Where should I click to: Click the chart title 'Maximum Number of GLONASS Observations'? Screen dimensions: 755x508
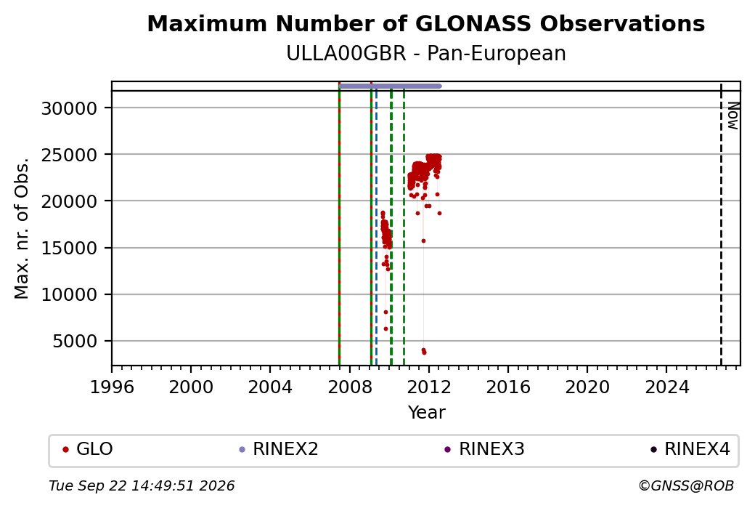(x=425, y=23)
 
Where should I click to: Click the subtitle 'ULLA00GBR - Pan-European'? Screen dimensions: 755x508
(x=425, y=53)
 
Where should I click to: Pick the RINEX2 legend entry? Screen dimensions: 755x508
(x=279, y=449)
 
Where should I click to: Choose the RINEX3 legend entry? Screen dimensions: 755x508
(x=484, y=449)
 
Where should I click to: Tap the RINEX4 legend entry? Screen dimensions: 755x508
(x=690, y=449)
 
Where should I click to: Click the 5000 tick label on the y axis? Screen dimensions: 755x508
(x=75, y=342)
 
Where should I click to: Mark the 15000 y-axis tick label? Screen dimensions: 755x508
(x=70, y=249)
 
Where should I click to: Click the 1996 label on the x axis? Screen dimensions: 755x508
(x=112, y=387)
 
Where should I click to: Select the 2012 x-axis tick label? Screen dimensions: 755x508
(x=429, y=387)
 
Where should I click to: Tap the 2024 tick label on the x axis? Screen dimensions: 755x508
(x=666, y=387)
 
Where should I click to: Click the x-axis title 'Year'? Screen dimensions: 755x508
(x=427, y=413)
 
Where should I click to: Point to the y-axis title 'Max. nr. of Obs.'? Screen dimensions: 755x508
(x=22, y=228)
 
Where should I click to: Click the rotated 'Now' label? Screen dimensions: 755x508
(x=732, y=116)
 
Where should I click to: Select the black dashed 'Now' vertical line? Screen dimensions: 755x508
(x=721, y=224)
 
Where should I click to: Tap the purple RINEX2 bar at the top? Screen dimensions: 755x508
(x=390, y=86)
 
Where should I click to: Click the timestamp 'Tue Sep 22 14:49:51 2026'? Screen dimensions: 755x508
(x=142, y=485)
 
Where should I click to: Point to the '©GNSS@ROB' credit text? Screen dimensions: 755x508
(x=686, y=485)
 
